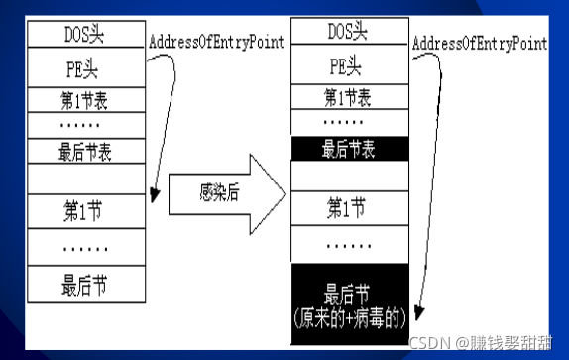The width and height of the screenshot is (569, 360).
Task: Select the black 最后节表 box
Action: click(350, 149)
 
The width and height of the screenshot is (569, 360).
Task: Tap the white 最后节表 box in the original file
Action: click(85, 152)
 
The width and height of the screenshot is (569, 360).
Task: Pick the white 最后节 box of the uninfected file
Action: click(85, 285)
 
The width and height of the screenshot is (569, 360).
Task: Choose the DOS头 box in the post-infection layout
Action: click(350, 32)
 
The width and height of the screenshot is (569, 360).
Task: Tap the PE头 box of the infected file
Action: click(350, 65)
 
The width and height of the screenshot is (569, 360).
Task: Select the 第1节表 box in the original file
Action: click(85, 100)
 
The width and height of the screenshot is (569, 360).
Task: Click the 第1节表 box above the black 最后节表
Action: click(350, 98)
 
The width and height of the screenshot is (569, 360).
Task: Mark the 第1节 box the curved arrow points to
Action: click(85, 210)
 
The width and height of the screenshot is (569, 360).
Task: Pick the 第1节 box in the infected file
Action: click(350, 207)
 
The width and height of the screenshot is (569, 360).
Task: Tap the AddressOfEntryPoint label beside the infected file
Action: click(479, 43)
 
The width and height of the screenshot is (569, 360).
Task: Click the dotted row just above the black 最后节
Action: click(350, 243)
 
